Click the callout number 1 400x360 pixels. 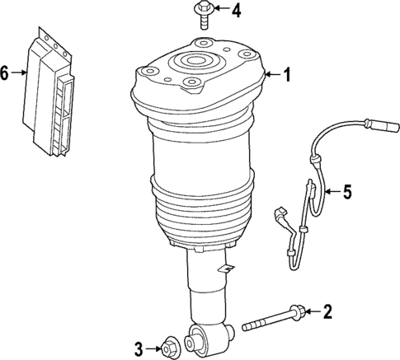click(x=287, y=76)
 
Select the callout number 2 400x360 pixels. click(x=327, y=311)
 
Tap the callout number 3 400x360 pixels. click(x=139, y=347)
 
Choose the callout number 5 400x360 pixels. click(x=346, y=193)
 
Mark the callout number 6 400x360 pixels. click(x=6, y=73)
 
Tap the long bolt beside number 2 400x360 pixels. click(x=276, y=320)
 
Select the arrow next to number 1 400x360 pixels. click(x=271, y=76)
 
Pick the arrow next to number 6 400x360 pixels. click(x=20, y=73)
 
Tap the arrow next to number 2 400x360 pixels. click(x=313, y=312)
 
